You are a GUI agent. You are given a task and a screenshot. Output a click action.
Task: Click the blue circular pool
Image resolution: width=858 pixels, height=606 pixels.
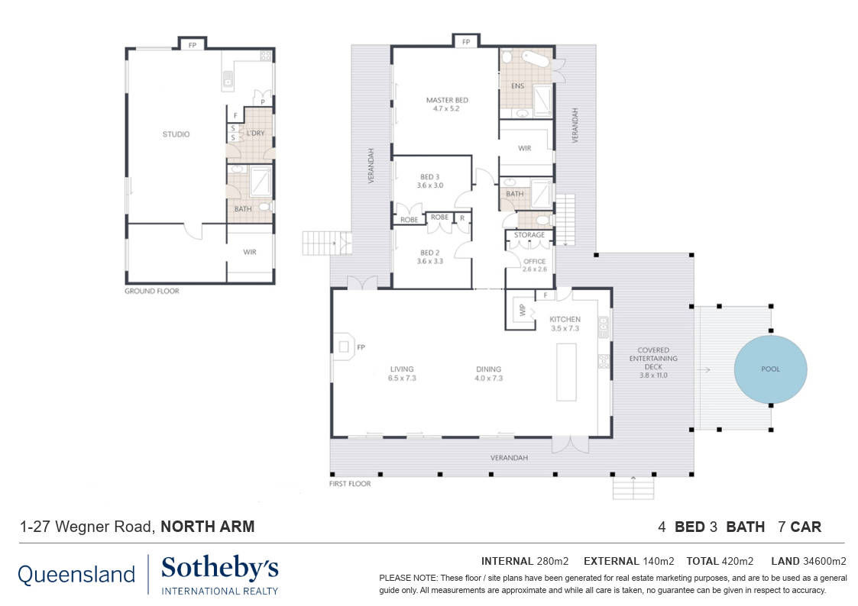click(x=770, y=369)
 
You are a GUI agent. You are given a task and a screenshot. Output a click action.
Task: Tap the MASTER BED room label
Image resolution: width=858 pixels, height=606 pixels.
click(x=447, y=100)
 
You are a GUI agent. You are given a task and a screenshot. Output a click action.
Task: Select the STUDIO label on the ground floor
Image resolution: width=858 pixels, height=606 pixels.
click(x=176, y=134)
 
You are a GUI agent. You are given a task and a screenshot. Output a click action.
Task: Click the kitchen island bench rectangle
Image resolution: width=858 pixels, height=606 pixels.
click(x=566, y=372)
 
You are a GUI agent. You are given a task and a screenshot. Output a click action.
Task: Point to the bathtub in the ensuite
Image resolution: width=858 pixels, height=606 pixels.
click(x=535, y=59)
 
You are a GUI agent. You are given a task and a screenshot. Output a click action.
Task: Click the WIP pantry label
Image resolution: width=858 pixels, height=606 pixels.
click(x=522, y=310)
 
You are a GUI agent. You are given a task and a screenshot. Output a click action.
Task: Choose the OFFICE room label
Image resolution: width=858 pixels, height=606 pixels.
click(x=535, y=261)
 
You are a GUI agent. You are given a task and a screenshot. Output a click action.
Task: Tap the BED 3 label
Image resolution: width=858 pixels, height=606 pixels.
click(x=430, y=177)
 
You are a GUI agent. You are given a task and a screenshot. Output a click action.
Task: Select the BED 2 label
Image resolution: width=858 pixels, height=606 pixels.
click(x=430, y=253)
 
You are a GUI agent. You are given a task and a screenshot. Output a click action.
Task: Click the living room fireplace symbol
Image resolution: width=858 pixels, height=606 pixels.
click(x=344, y=347)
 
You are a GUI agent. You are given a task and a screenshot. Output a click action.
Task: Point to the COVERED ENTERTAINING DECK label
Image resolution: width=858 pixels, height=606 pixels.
click(x=653, y=359)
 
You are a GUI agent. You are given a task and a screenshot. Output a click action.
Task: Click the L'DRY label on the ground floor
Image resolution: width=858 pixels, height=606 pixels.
click(x=255, y=133)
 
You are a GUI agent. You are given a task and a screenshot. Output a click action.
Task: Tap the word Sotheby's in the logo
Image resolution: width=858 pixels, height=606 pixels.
click(x=220, y=569)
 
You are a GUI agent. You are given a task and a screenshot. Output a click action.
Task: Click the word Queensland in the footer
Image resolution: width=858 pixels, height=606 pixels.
click(x=76, y=574)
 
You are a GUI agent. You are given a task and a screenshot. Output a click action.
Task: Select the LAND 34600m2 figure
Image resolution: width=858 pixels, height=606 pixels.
click(x=809, y=561)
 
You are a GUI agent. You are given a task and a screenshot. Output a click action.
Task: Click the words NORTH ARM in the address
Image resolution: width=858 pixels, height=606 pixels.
click(x=207, y=526)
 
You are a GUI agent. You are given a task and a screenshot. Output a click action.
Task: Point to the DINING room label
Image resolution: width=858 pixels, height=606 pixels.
click(x=489, y=369)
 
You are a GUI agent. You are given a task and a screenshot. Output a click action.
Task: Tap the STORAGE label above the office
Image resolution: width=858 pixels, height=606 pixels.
click(x=529, y=235)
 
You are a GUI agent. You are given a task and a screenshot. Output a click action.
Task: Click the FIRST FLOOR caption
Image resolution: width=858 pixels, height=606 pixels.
click(x=350, y=484)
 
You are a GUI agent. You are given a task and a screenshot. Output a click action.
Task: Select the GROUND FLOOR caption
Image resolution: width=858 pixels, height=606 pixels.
click(x=152, y=291)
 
